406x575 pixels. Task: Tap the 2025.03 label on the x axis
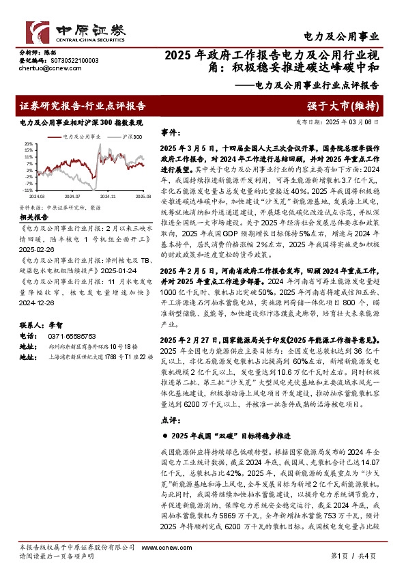point(144,195)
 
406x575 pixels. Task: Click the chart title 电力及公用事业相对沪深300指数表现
point(81,122)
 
